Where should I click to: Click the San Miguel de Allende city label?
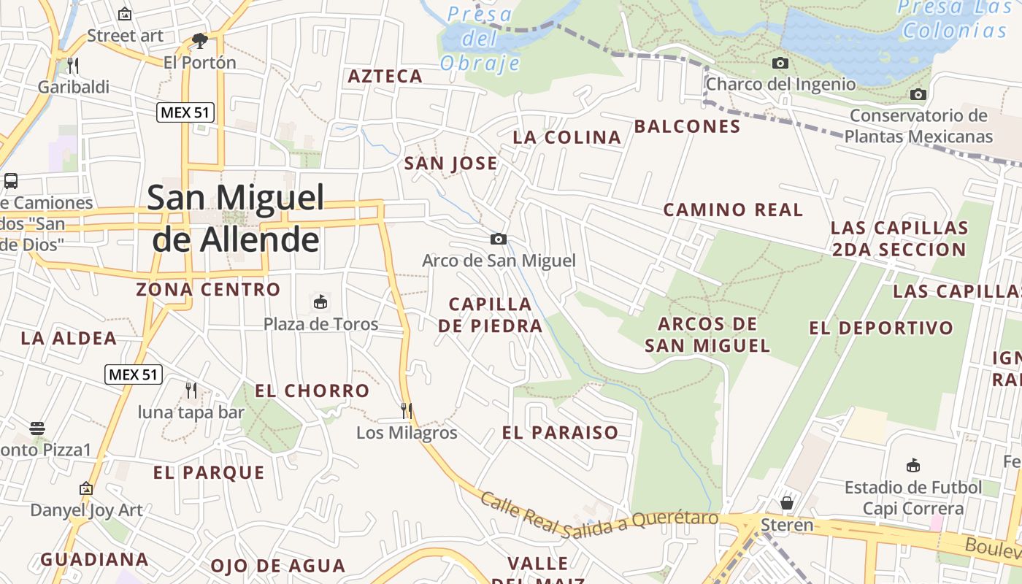pyautogui.click(x=236, y=218)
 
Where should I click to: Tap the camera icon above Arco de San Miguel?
pyautogui.click(x=499, y=239)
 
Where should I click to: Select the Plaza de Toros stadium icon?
pyautogui.click(x=320, y=301)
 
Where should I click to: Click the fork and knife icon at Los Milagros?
pyautogui.click(x=407, y=411)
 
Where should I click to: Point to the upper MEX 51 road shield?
pyautogui.click(x=185, y=112)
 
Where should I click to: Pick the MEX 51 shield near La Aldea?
pyautogui.click(x=132, y=374)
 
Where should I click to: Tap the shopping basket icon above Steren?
pyautogui.click(x=786, y=502)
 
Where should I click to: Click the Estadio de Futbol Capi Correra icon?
pyautogui.click(x=912, y=465)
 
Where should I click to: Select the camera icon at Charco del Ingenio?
pyautogui.click(x=780, y=63)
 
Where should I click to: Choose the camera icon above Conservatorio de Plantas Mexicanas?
pyautogui.click(x=918, y=94)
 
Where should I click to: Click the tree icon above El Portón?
pyautogui.click(x=199, y=41)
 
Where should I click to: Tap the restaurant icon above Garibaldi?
pyautogui.click(x=72, y=66)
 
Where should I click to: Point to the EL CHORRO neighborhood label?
pyautogui.click(x=312, y=391)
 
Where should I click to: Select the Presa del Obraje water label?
pyautogui.click(x=480, y=38)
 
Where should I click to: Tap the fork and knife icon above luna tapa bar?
pyautogui.click(x=191, y=390)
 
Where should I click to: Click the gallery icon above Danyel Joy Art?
pyautogui.click(x=86, y=488)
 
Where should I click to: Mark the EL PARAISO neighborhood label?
pyautogui.click(x=560, y=432)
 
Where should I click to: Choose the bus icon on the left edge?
pyautogui.click(x=10, y=180)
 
